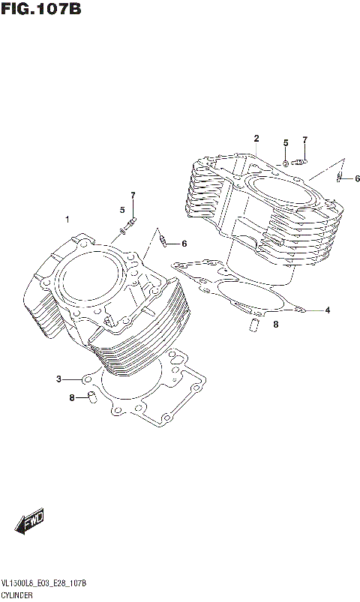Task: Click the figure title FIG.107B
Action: click(x=40, y=10)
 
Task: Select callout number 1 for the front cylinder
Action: click(x=67, y=220)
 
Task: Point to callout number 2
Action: click(x=256, y=138)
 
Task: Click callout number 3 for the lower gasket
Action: click(x=58, y=379)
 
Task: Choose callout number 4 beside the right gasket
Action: click(x=327, y=310)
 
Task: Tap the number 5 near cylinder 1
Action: click(x=122, y=209)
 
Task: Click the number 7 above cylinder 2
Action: click(x=305, y=139)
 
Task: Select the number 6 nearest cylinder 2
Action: click(x=357, y=178)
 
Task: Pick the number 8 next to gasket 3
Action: click(x=72, y=397)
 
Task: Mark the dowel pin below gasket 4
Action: click(x=253, y=324)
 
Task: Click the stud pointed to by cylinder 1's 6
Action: click(x=163, y=241)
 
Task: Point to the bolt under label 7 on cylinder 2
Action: click(x=301, y=160)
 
